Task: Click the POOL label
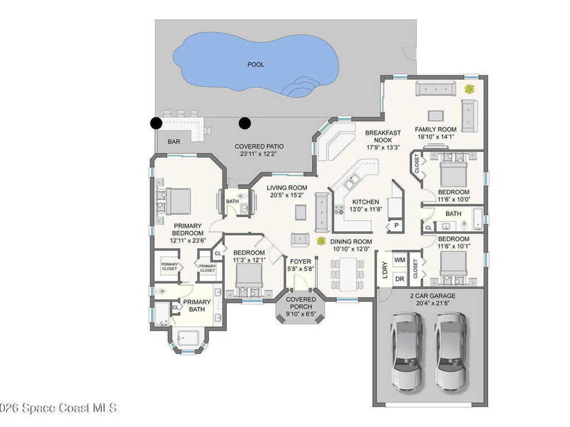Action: (x=255, y=64)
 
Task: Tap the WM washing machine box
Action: (x=400, y=260)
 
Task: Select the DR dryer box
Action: (x=400, y=279)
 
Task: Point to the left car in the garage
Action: (x=407, y=351)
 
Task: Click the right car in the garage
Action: (x=451, y=351)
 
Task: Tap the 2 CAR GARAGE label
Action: (x=433, y=296)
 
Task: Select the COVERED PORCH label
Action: (x=301, y=303)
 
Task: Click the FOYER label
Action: (x=301, y=261)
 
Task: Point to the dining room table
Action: (x=348, y=274)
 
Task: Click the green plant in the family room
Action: (x=470, y=88)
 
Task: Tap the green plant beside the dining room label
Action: (x=321, y=240)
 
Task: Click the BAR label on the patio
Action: (x=174, y=142)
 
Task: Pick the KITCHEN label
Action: (x=366, y=202)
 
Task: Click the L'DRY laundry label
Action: (x=385, y=270)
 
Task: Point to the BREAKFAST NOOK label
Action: (x=383, y=137)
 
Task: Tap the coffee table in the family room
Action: (x=435, y=116)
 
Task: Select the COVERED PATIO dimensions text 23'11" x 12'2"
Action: (x=259, y=153)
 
